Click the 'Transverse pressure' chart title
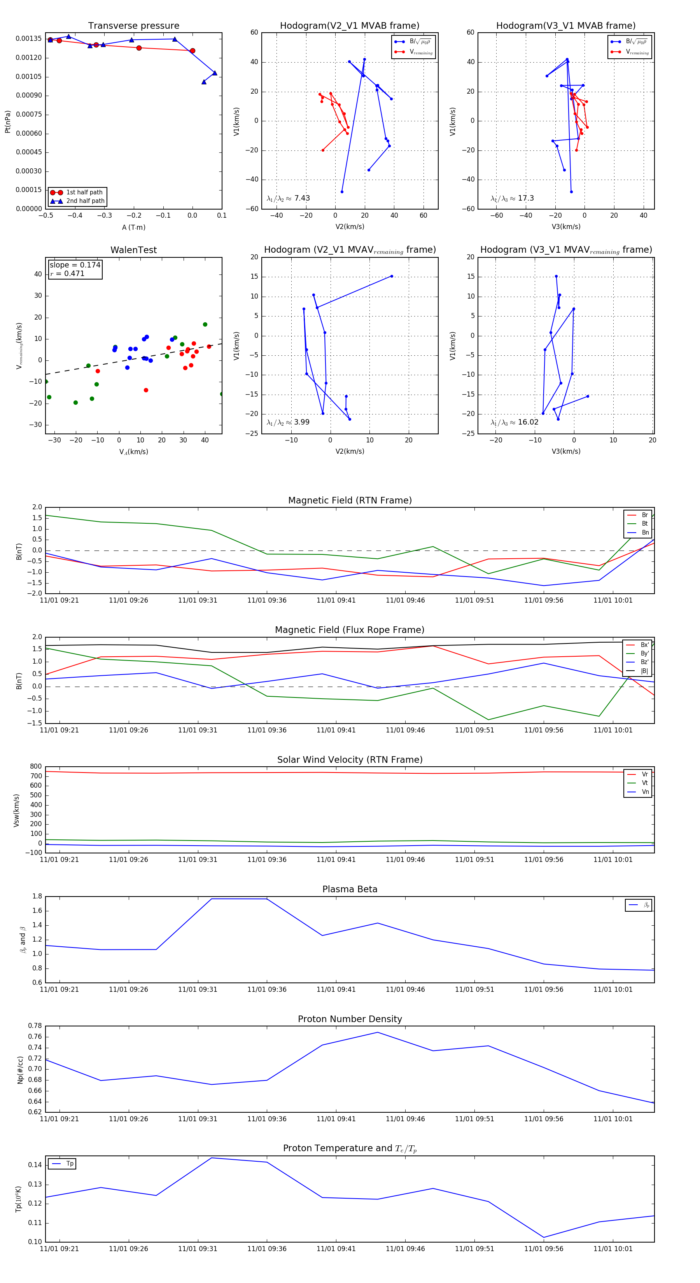133,26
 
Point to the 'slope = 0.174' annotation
75,265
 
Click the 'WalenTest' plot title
133,250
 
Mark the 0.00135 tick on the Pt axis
29,39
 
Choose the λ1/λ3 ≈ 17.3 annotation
512,198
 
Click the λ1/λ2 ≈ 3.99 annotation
288,422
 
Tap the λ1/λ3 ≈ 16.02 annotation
514,422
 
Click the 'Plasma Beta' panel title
350,890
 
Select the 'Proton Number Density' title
350,1019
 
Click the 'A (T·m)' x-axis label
133,227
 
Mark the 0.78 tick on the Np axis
35,1026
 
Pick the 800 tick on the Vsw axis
36,767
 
